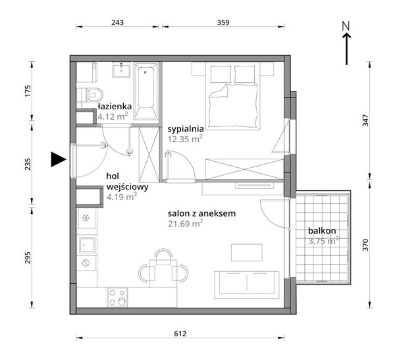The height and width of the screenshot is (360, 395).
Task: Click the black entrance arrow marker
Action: coord(57,159)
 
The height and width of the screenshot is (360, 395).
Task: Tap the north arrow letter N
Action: coord(346,26)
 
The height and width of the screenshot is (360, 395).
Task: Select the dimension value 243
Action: coord(118,22)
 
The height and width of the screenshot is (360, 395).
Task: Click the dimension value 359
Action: coord(223,22)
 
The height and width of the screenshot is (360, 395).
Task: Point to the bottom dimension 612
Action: coord(180,334)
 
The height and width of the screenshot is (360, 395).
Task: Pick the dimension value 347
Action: coord(365,120)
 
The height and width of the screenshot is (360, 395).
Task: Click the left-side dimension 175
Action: coord(28,91)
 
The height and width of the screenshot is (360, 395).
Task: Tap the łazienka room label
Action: coord(115,107)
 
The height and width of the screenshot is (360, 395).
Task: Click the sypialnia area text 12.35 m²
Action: coord(185,139)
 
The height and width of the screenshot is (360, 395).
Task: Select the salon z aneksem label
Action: coord(202,213)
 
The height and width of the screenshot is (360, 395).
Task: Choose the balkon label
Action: coord(322,230)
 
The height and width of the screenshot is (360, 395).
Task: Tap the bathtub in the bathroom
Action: coord(146,91)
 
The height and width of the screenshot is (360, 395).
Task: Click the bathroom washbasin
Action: coord(121,70)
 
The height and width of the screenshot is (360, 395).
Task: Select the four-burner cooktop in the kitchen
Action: coord(117,297)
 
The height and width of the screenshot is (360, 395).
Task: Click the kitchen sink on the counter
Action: coord(87,245)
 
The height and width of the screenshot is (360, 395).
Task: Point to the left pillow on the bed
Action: coord(221,74)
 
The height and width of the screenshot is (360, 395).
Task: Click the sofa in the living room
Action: coord(247,285)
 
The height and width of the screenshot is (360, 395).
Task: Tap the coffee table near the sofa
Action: coord(247,253)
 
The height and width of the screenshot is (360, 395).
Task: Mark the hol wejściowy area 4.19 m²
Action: coord(122,197)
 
